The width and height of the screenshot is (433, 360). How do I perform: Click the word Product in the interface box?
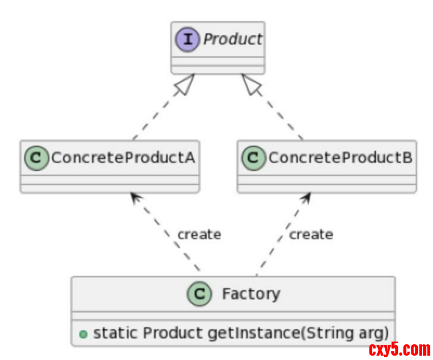pos(232,40)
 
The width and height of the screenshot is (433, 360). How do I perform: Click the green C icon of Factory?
pos(199,294)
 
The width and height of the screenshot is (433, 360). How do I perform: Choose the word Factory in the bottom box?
pos(251,294)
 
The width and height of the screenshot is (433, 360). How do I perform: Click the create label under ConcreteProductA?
pos(199,235)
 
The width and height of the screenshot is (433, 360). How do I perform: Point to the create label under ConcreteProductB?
pos(311,235)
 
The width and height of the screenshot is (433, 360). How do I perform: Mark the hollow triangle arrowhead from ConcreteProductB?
pos(250,85)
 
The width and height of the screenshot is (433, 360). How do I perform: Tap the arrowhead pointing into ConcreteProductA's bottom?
pos(135,197)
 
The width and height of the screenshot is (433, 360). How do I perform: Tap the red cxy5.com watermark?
pos(399,349)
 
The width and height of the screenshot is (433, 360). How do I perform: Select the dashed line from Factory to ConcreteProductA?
pos(168,236)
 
